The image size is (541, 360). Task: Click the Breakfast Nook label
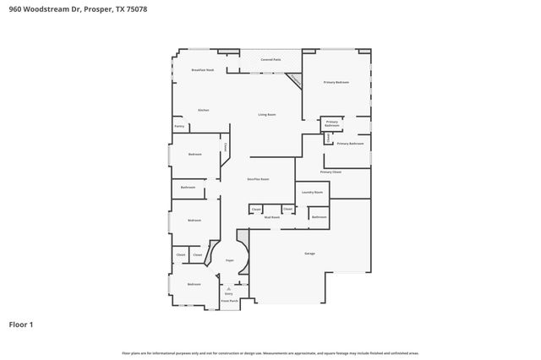tap(202, 70)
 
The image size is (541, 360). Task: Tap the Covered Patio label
tap(270, 60)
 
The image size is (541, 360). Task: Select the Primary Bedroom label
tap(336, 82)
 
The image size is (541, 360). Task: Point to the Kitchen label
tap(203, 110)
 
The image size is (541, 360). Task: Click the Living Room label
tap(267, 114)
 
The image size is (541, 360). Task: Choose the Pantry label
tap(179, 127)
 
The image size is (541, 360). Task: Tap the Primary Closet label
tap(331, 172)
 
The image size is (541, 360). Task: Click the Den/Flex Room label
tap(258, 179)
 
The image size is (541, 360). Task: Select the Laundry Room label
tap(312, 193)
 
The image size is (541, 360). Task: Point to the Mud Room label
tap(271, 217)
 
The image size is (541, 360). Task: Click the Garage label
tap(309, 254)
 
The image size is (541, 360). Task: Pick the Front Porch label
tap(229, 300)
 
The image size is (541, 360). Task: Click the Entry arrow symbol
tap(228, 288)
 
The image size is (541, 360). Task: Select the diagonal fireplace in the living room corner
tap(293, 79)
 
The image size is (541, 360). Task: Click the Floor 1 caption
tap(20, 324)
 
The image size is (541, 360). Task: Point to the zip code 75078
tap(147, 8)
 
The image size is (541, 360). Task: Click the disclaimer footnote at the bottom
tap(270, 352)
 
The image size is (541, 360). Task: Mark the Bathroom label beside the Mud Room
tap(319, 217)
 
